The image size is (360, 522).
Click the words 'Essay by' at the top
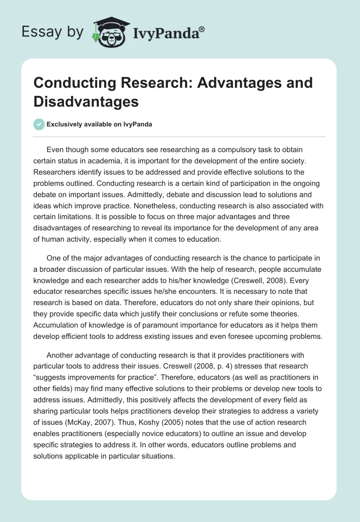tap(52, 32)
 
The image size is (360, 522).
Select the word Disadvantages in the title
tap(86, 101)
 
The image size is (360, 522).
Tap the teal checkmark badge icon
tap(39, 124)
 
